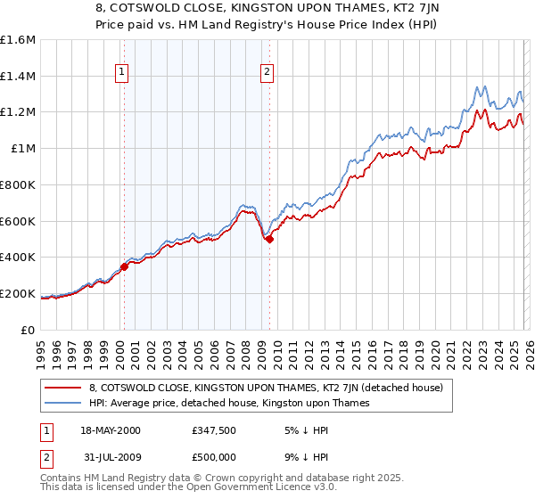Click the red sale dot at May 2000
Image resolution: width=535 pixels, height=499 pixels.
pos(125,266)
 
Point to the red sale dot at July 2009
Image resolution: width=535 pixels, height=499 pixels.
pos(269,239)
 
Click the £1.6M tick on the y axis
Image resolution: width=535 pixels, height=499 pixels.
pos(20,40)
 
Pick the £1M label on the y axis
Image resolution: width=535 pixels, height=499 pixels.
pos(24,149)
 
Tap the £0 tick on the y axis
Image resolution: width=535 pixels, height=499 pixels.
pos(29,330)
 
